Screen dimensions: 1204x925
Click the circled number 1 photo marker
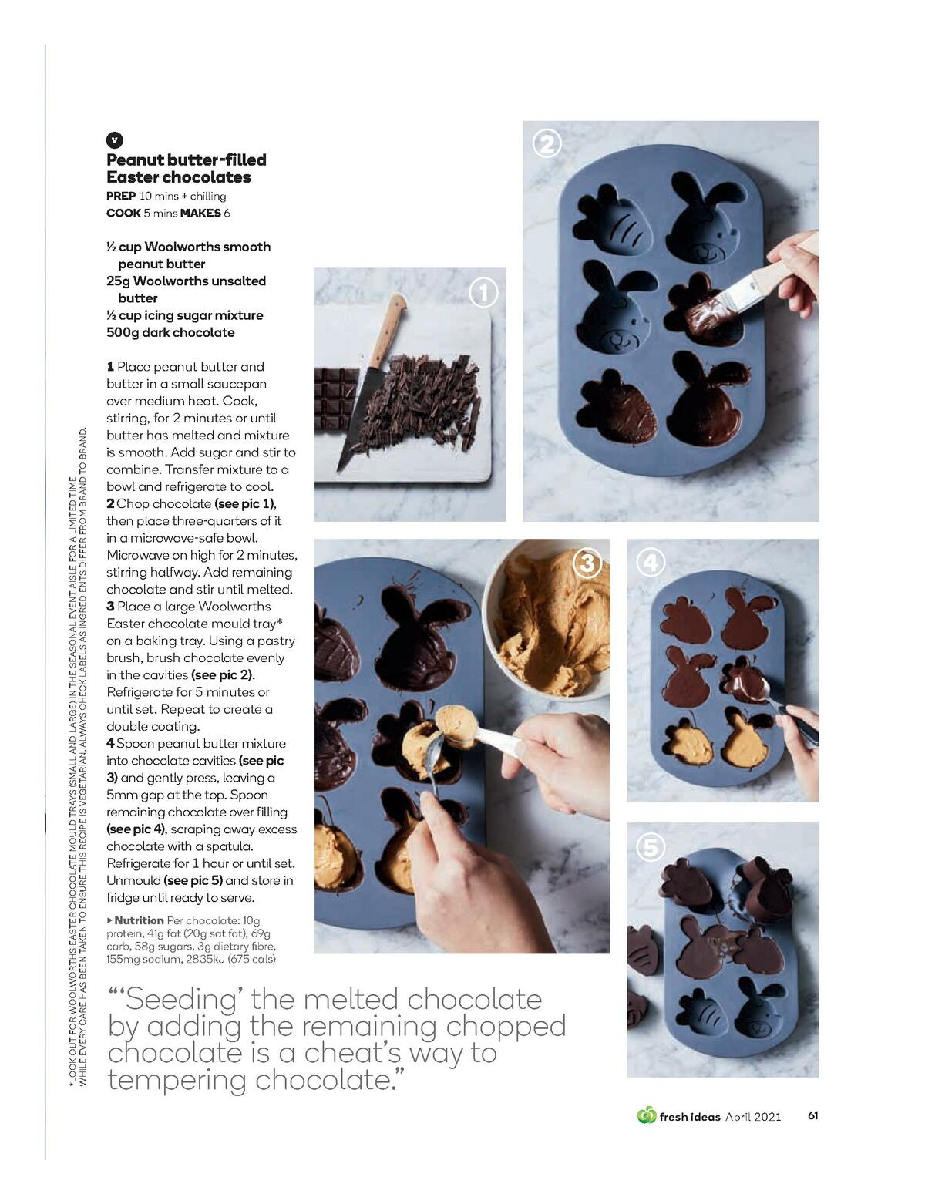[x=483, y=293]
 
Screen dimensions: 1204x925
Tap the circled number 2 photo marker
[x=547, y=144]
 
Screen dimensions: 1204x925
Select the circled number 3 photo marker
[x=587, y=563]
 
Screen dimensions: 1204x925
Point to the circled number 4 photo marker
[x=650, y=563]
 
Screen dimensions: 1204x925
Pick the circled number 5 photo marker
[x=650, y=848]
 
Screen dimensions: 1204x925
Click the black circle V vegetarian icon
[x=114, y=140]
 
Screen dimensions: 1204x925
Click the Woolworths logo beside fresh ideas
[x=646, y=1115]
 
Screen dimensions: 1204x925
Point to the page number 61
[x=812, y=1115]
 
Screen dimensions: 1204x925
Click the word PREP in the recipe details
[x=121, y=196]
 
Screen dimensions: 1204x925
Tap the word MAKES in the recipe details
[x=200, y=213]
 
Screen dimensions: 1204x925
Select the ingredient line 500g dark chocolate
[x=170, y=332]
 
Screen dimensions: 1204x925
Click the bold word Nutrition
[x=139, y=920]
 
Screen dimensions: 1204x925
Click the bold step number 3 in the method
[x=110, y=607]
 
